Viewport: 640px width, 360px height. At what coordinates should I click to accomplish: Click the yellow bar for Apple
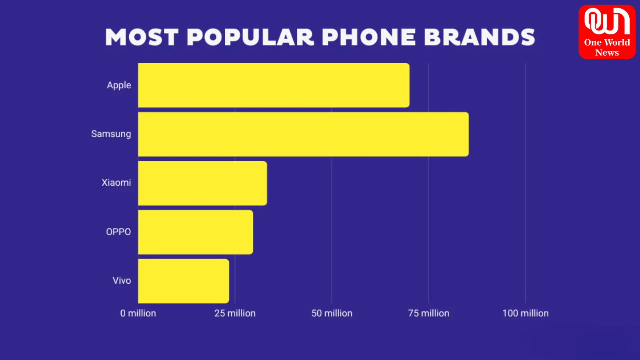point(274,85)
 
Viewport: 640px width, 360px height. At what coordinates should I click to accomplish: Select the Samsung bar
point(303,134)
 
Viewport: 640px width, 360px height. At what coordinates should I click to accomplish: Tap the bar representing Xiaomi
point(202,183)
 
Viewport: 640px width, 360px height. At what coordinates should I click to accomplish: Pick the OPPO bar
point(196,232)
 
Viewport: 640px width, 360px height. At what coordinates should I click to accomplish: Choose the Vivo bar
point(184,281)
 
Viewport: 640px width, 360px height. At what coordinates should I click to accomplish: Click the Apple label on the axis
point(119,85)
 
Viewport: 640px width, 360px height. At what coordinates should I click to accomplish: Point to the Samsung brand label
point(111,134)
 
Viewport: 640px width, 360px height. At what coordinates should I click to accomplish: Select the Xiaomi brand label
point(116,183)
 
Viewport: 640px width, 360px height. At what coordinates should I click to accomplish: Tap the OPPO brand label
point(118,232)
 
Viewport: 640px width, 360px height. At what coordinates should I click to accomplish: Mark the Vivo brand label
point(122,281)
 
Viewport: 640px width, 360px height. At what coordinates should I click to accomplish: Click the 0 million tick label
point(138,313)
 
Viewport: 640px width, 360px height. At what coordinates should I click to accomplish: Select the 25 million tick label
point(235,313)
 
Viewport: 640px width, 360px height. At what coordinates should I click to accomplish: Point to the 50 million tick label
point(332,313)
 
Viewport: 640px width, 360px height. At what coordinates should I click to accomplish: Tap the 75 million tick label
point(429,313)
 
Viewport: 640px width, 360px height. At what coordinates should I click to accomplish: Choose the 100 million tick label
point(526,313)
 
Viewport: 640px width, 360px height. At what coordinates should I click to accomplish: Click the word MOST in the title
point(142,37)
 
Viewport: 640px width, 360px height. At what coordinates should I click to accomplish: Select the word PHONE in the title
point(369,37)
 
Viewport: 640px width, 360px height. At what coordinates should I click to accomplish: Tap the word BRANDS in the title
point(479,37)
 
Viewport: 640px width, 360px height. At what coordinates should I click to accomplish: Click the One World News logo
point(607,32)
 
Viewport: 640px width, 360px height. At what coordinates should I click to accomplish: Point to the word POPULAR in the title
point(250,37)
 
